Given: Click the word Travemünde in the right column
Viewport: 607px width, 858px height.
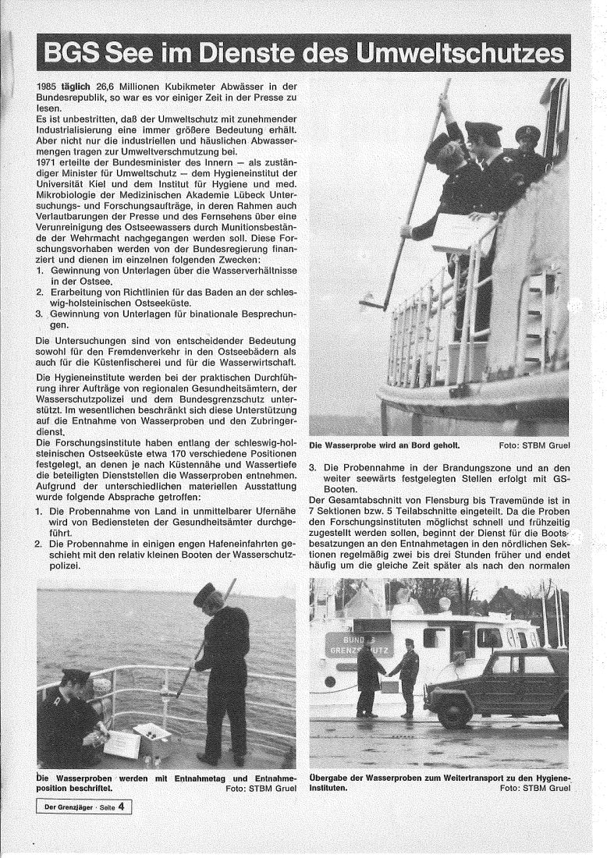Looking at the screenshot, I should [x=515, y=498].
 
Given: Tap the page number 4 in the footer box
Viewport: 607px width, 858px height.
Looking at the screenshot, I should [x=122, y=807].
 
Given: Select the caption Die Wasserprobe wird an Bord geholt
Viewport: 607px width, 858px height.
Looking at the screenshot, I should [x=385, y=445].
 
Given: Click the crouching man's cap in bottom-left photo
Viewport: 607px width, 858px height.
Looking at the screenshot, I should [x=76, y=675].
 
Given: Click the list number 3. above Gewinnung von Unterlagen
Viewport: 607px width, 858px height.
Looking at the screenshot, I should [x=41, y=314].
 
